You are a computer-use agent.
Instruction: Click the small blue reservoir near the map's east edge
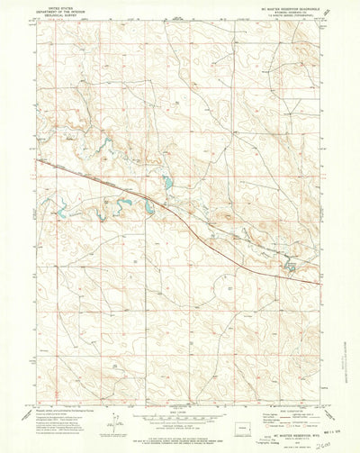pos(290,266)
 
